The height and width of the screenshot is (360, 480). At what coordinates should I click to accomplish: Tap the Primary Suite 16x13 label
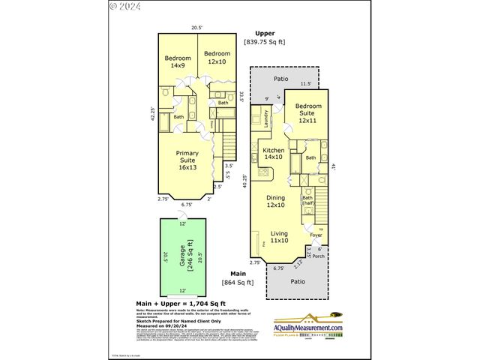187,160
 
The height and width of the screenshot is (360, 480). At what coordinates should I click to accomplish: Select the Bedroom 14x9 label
178,61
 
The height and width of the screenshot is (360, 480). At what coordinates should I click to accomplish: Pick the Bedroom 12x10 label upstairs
216,57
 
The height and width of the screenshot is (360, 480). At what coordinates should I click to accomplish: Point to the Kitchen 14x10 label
273,154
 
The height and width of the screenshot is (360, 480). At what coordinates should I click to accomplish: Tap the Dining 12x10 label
277,201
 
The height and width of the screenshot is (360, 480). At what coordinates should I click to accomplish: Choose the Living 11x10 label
279,236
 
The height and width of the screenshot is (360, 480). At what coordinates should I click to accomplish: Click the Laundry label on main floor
266,118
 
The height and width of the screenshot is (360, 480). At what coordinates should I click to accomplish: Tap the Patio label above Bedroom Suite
281,78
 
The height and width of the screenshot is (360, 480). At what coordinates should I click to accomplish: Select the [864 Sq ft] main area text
238,283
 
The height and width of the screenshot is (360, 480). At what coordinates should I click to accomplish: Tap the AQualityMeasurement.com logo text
307,328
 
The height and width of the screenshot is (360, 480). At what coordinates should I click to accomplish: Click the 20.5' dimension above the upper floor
196,27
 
